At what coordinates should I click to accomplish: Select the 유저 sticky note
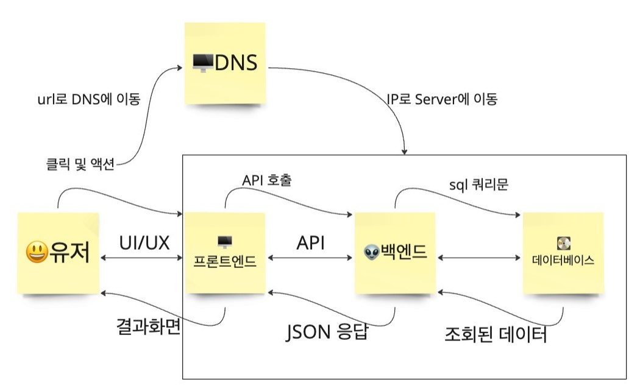(x=59, y=253)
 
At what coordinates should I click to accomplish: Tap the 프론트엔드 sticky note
(x=225, y=253)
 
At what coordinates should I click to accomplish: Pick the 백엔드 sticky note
(x=395, y=253)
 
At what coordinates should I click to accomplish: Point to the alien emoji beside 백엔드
(x=372, y=252)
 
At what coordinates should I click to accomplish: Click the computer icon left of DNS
(x=202, y=63)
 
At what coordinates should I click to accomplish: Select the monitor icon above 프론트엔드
(x=225, y=242)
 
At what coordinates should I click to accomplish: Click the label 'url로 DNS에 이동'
(x=89, y=99)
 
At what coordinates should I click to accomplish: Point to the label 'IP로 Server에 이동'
(x=442, y=99)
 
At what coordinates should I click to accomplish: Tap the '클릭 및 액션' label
(x=80, y=164)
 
